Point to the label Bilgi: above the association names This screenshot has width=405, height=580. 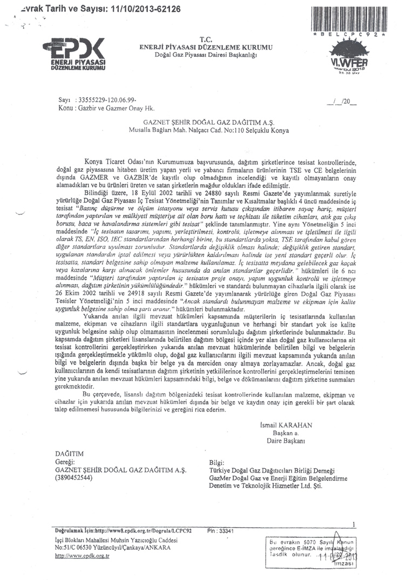(x=217, y=462)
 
